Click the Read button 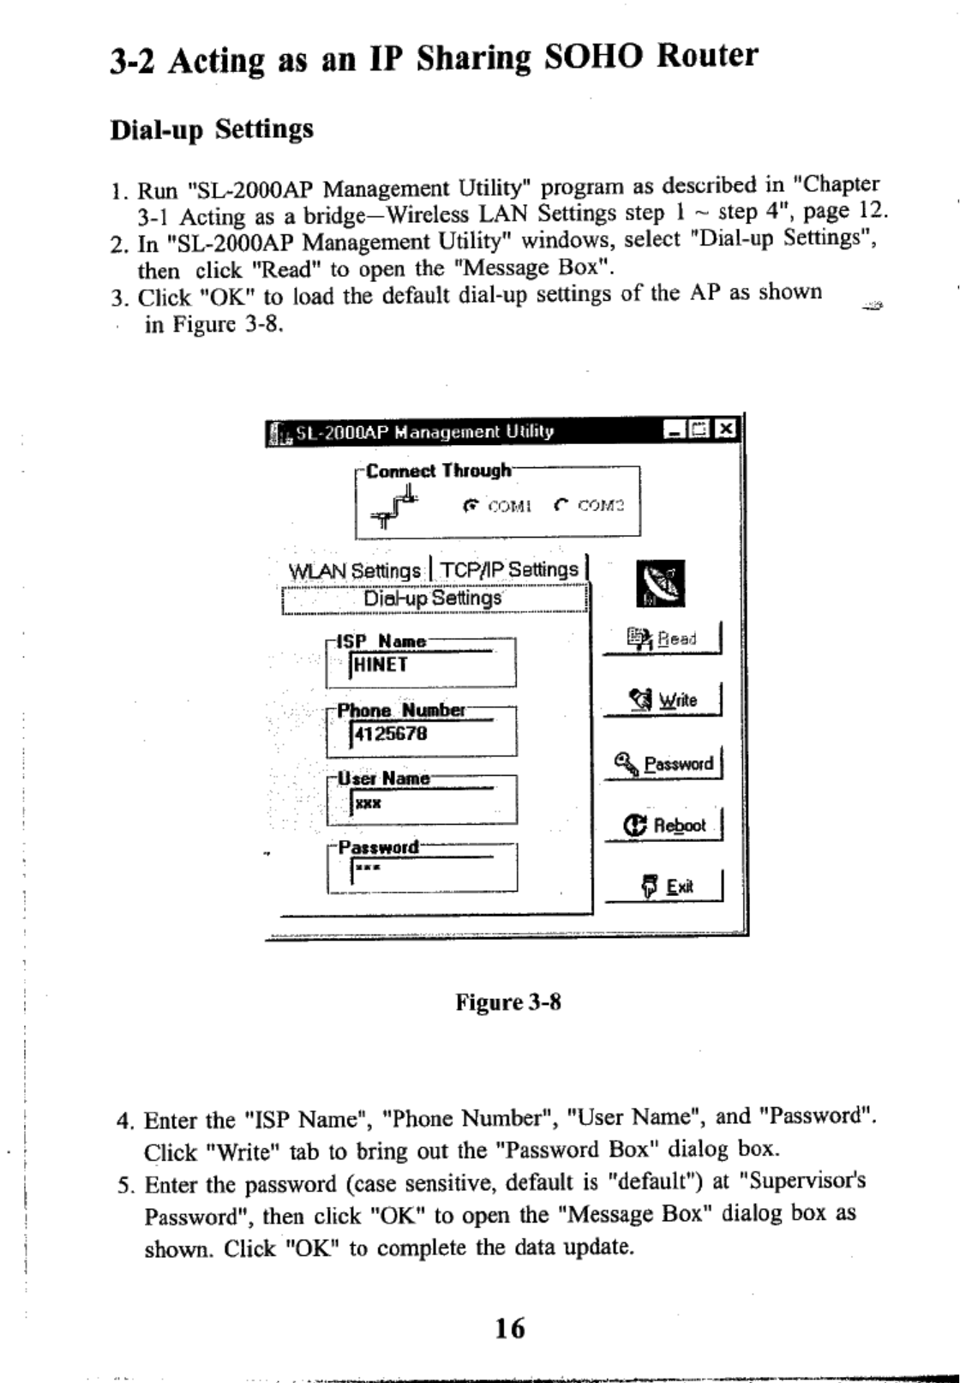[663, 639]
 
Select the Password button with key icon [664, 763]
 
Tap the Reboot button [665, 826]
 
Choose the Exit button [666, 887]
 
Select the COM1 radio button [470, 506]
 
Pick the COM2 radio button [561, 506]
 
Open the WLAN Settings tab [355, 571]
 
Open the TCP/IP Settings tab [509, 570]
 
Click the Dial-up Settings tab [433, 598]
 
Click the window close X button [726, 430]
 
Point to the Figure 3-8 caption [508, 1002]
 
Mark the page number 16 [510, 1328]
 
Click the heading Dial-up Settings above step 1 [212, 130]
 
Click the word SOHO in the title [593, 57]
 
